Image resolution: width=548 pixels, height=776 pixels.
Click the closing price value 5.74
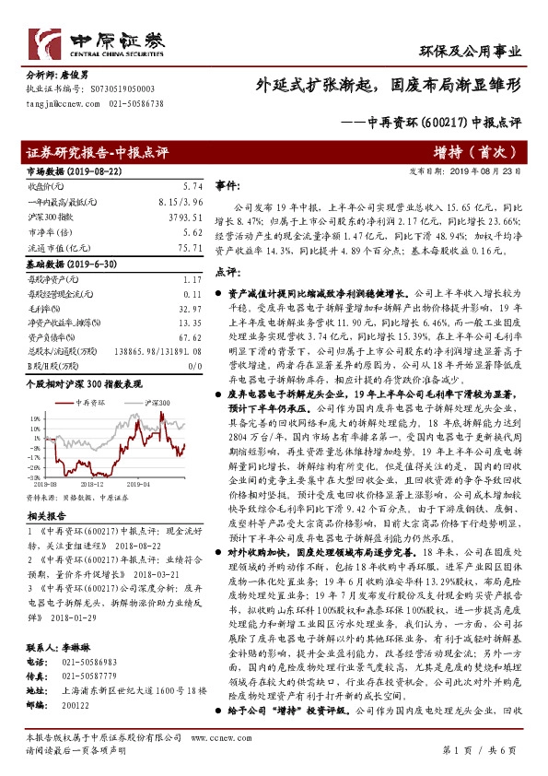(x=191, y=186)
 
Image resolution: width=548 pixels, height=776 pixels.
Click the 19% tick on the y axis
(x=33, y=417)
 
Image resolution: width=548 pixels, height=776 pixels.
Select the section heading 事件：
(x=228, y=185)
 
